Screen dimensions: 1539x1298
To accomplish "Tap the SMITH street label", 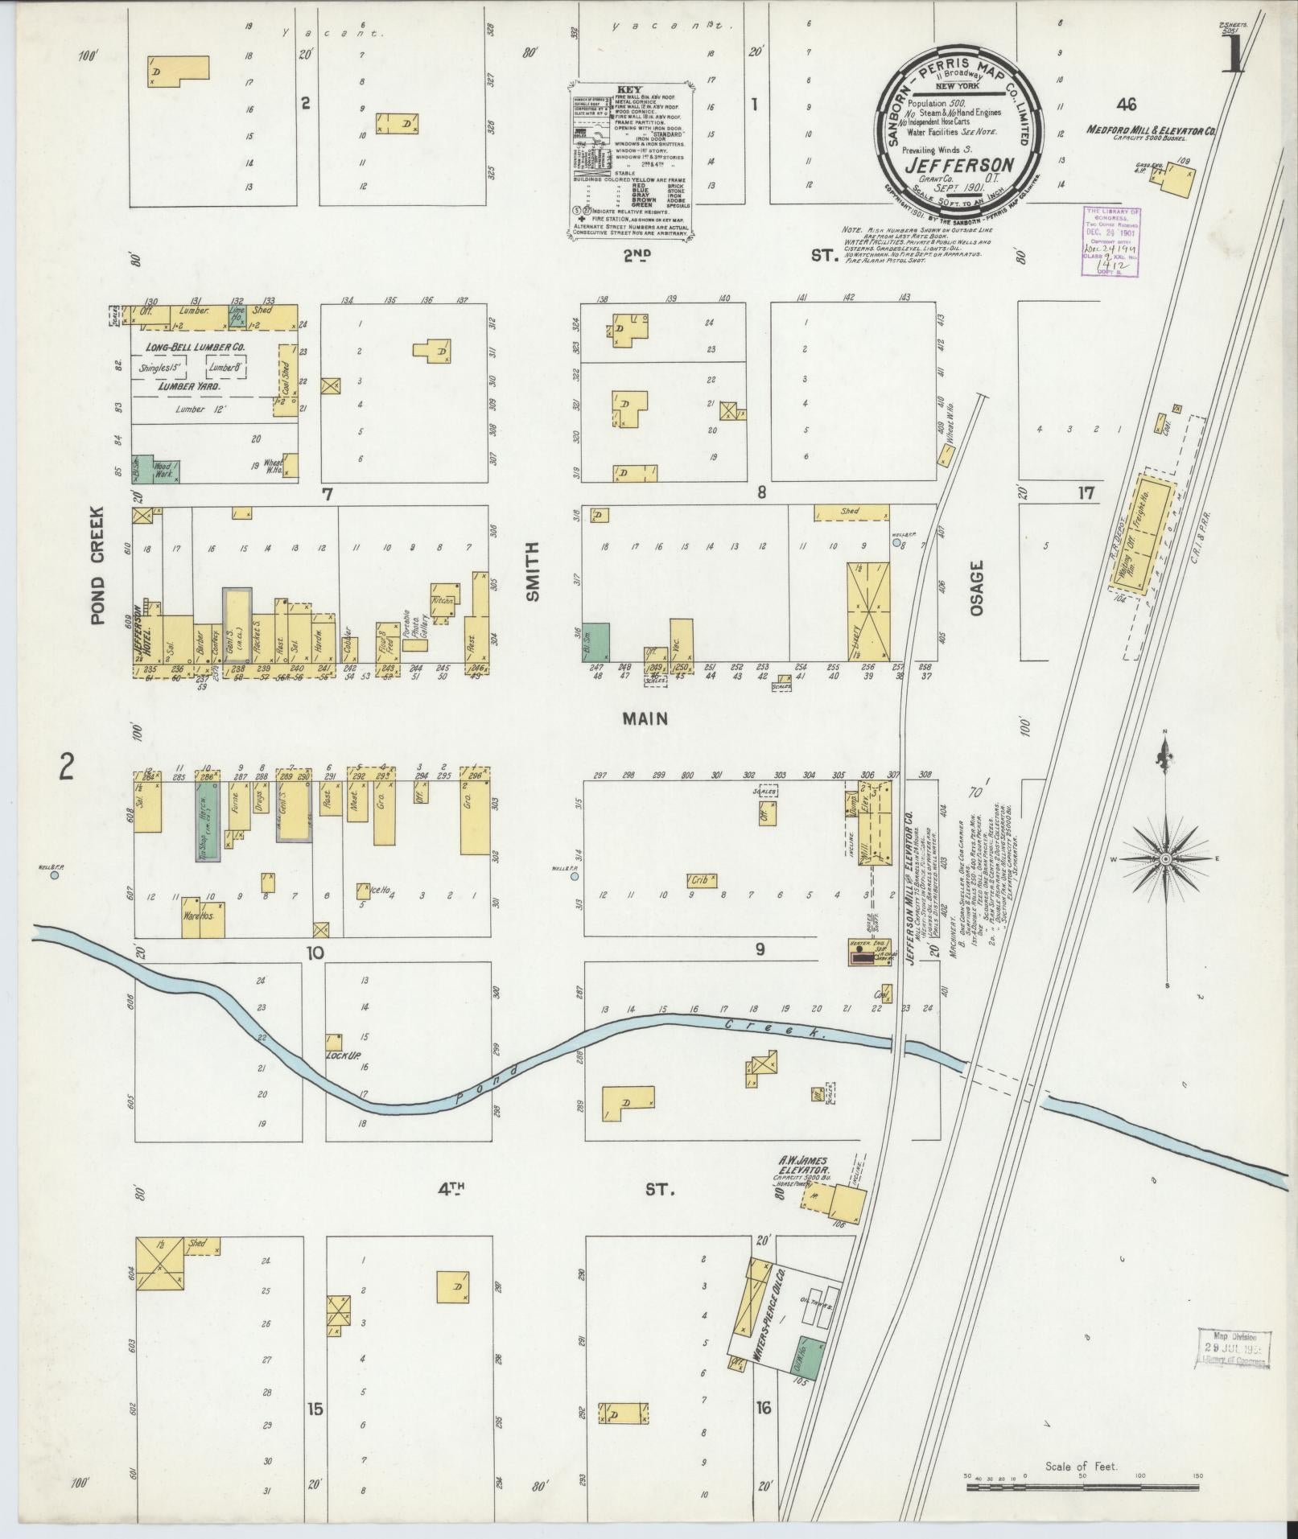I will tap(532, 571).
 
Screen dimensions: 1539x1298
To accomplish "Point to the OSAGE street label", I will tap(977, 588).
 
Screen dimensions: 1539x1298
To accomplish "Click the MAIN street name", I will tap(645, 718).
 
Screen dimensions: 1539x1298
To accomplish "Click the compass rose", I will tap(1164, 860).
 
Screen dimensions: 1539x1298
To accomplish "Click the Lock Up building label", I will tap(341, 1055).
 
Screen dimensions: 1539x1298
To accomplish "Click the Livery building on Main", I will tap(867, 611).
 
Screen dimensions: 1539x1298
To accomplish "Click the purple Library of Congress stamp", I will tap(1113, 241).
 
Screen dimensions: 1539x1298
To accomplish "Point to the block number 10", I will tap(314, 953).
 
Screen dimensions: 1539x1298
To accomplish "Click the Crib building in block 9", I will tap(701, 880).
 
